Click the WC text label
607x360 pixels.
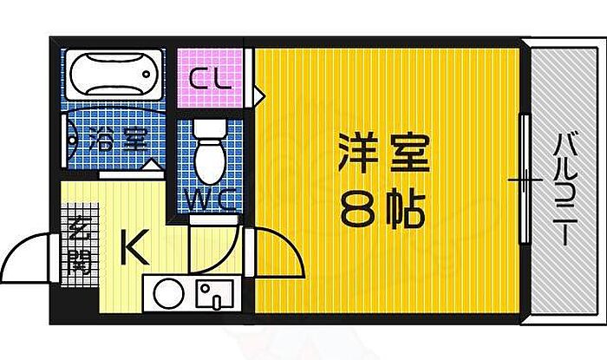(x=210, y=200)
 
